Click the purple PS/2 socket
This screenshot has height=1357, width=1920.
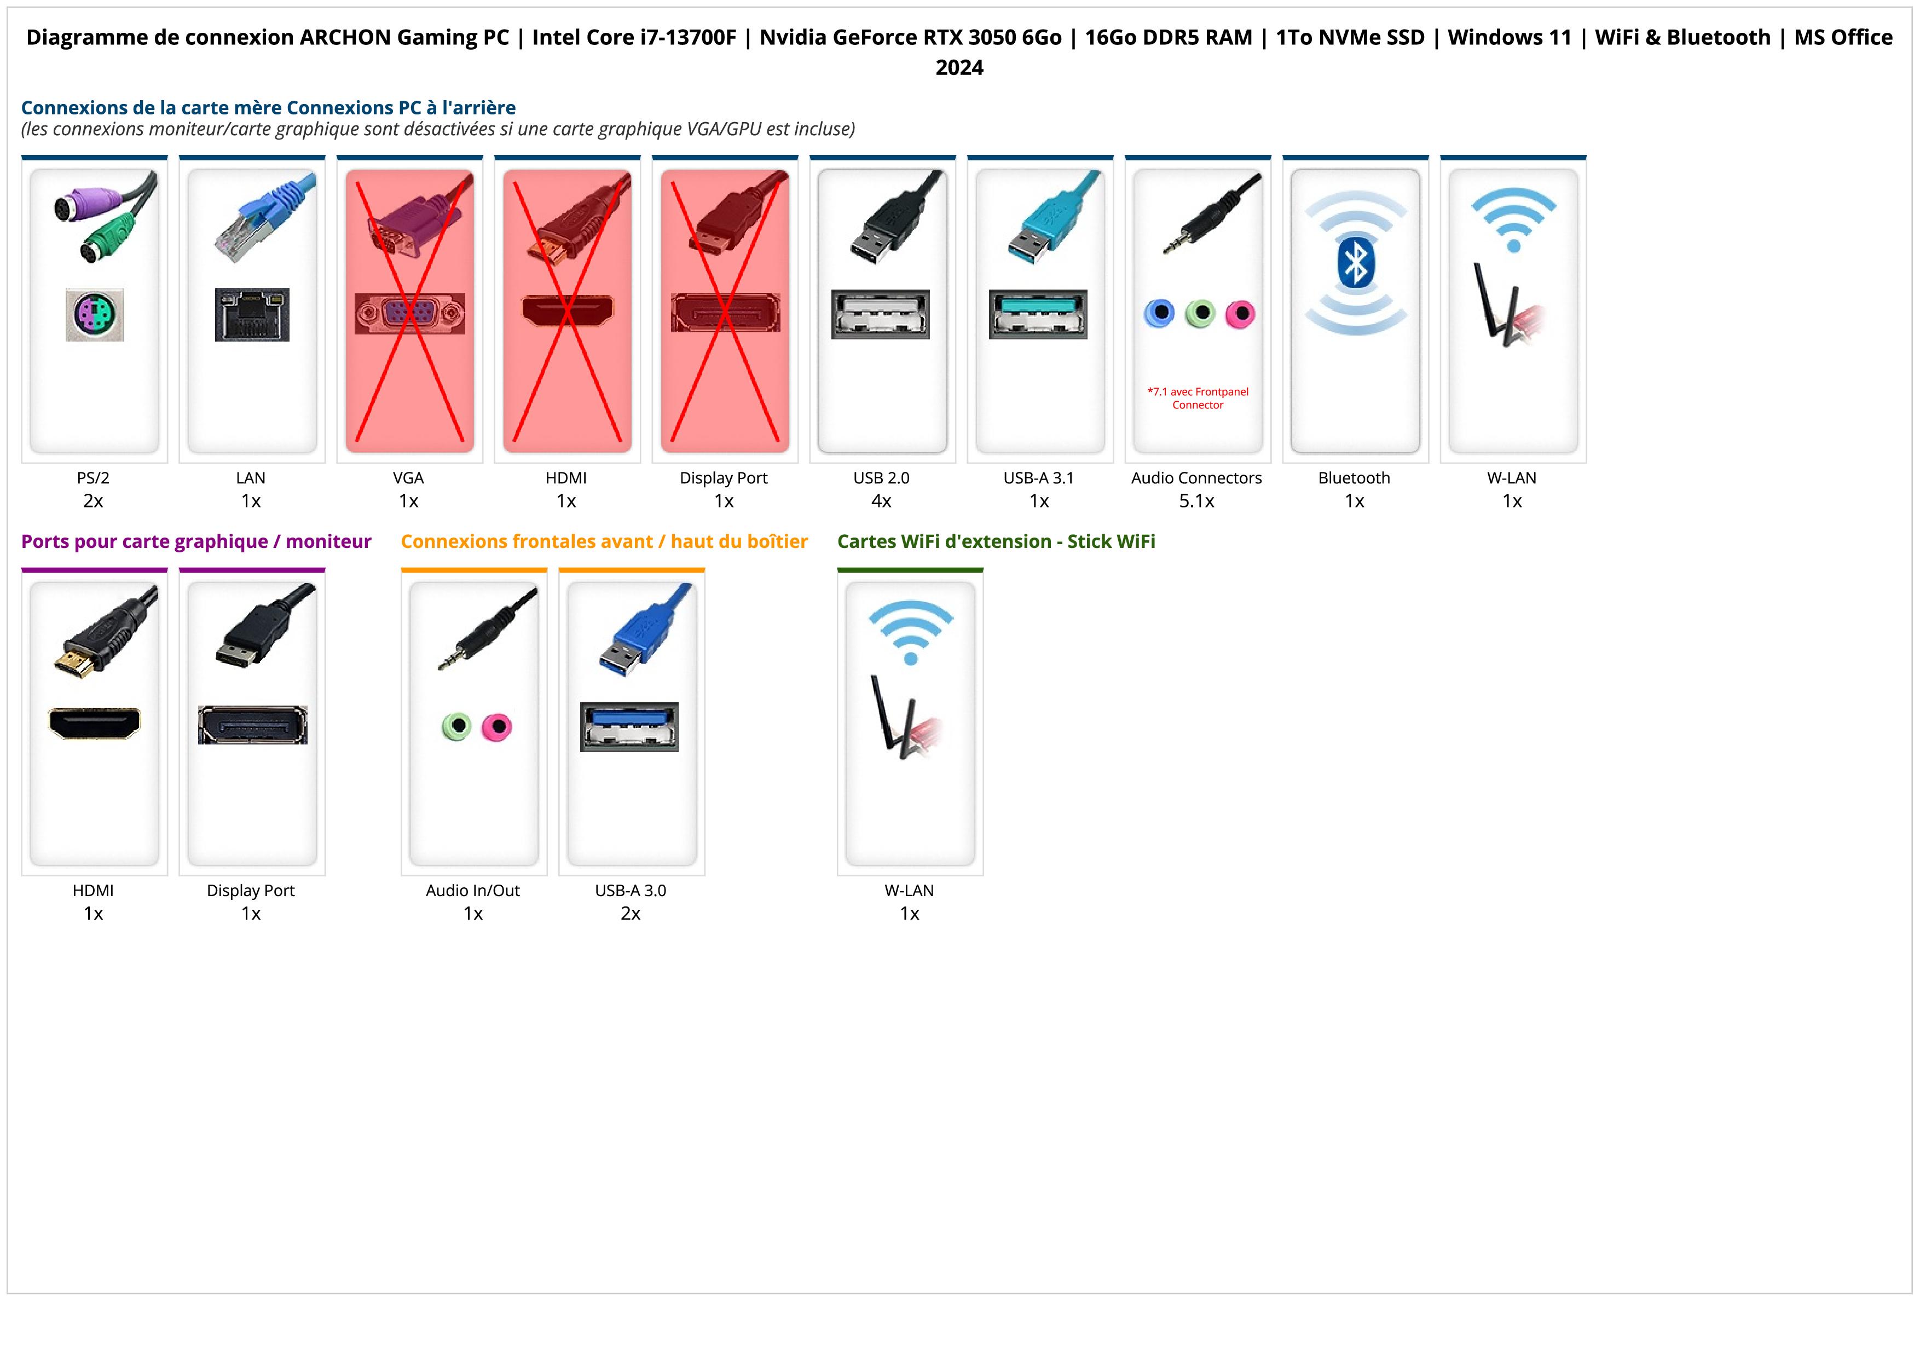click(x=95, y=314)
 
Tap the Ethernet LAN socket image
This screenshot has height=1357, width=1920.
click(x=252, y=314)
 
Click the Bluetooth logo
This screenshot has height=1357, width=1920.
click(x=1355, y=263)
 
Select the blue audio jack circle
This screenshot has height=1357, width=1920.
click(x=1159, y=314)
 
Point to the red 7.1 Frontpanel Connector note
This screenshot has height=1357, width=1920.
click(x=1198, y=398)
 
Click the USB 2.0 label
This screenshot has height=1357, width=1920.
click(x=881, y=478)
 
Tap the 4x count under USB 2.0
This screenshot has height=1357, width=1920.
click(x=881, y=501)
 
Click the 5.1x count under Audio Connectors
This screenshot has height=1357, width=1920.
click(x=1196, y=501)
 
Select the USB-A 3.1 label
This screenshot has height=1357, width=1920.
click(x=1039, y=478)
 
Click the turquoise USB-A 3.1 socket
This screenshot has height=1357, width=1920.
click(x=1038, y=314)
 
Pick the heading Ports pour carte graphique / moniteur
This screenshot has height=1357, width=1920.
click(x=196, y=542)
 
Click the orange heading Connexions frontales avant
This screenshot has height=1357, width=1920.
click(x=604, y=542)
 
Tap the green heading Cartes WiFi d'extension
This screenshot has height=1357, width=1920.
click(x=996, y=542)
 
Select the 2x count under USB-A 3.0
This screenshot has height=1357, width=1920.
click(x=631, y=913)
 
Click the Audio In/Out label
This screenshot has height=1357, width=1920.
click(x=472, y=891)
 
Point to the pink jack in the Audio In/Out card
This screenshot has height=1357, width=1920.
click(x=497, y=726)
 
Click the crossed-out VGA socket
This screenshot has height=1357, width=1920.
click(x=410, y=314)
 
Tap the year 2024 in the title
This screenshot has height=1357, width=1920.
click(x=959, y=68)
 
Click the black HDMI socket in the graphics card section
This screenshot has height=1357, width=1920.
click(x=95, y=723)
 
